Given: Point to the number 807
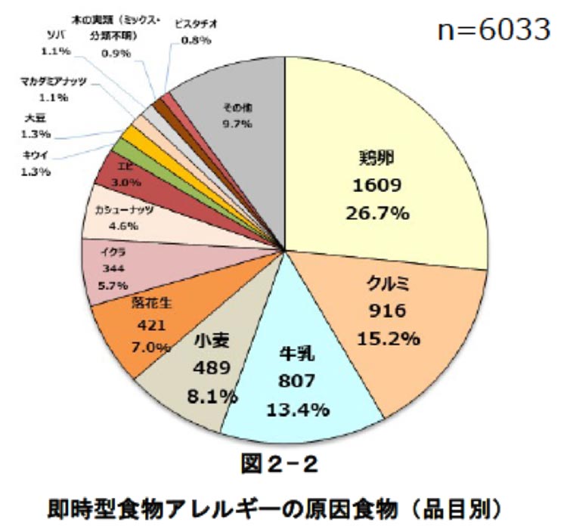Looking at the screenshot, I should tap(297, 382).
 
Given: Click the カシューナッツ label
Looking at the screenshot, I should tap(124, 210).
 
